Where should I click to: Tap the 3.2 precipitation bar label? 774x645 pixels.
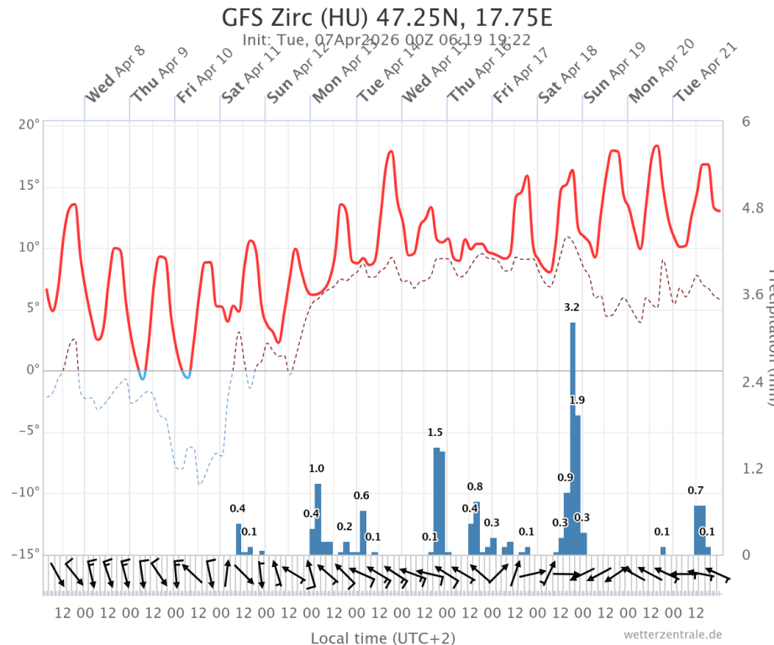click(572, 307)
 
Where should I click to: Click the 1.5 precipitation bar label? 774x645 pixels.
click(435, 433)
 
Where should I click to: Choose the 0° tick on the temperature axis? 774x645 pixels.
click(33, 370)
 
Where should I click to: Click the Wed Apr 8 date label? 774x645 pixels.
click(114, 83)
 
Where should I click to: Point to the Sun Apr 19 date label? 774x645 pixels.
click(613, 80)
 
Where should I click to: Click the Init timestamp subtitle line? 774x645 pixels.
click(387, 39)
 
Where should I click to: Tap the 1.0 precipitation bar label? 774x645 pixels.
click(317, 469)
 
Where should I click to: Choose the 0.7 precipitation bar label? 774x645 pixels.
click(696, 490)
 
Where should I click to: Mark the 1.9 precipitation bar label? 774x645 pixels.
click(577, 400)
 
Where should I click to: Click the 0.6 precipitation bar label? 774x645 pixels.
click(361, 496)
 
